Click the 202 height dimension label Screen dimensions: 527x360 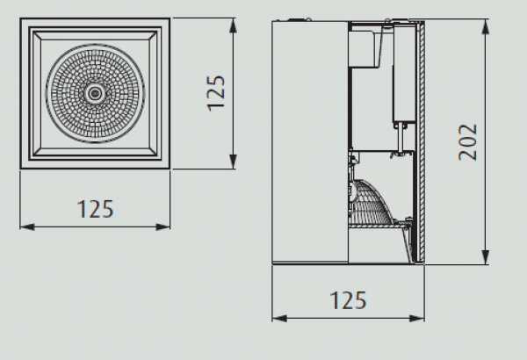[x=467, y=142]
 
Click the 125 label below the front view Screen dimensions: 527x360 [x=96, y=209]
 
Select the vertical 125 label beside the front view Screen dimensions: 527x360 [x=215, y=93]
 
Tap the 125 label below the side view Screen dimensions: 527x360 [x=348, y=300]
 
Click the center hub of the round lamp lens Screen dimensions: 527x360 [x=95, y=93]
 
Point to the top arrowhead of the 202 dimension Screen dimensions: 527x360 [x=486, y=26]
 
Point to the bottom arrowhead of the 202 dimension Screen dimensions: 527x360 [x=486, y=257]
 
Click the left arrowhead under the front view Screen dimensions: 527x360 [x=27, y=227]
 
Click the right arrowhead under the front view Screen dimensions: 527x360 [x=163, y=227]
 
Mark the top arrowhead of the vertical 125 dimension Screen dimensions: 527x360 [x=233, y=25]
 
